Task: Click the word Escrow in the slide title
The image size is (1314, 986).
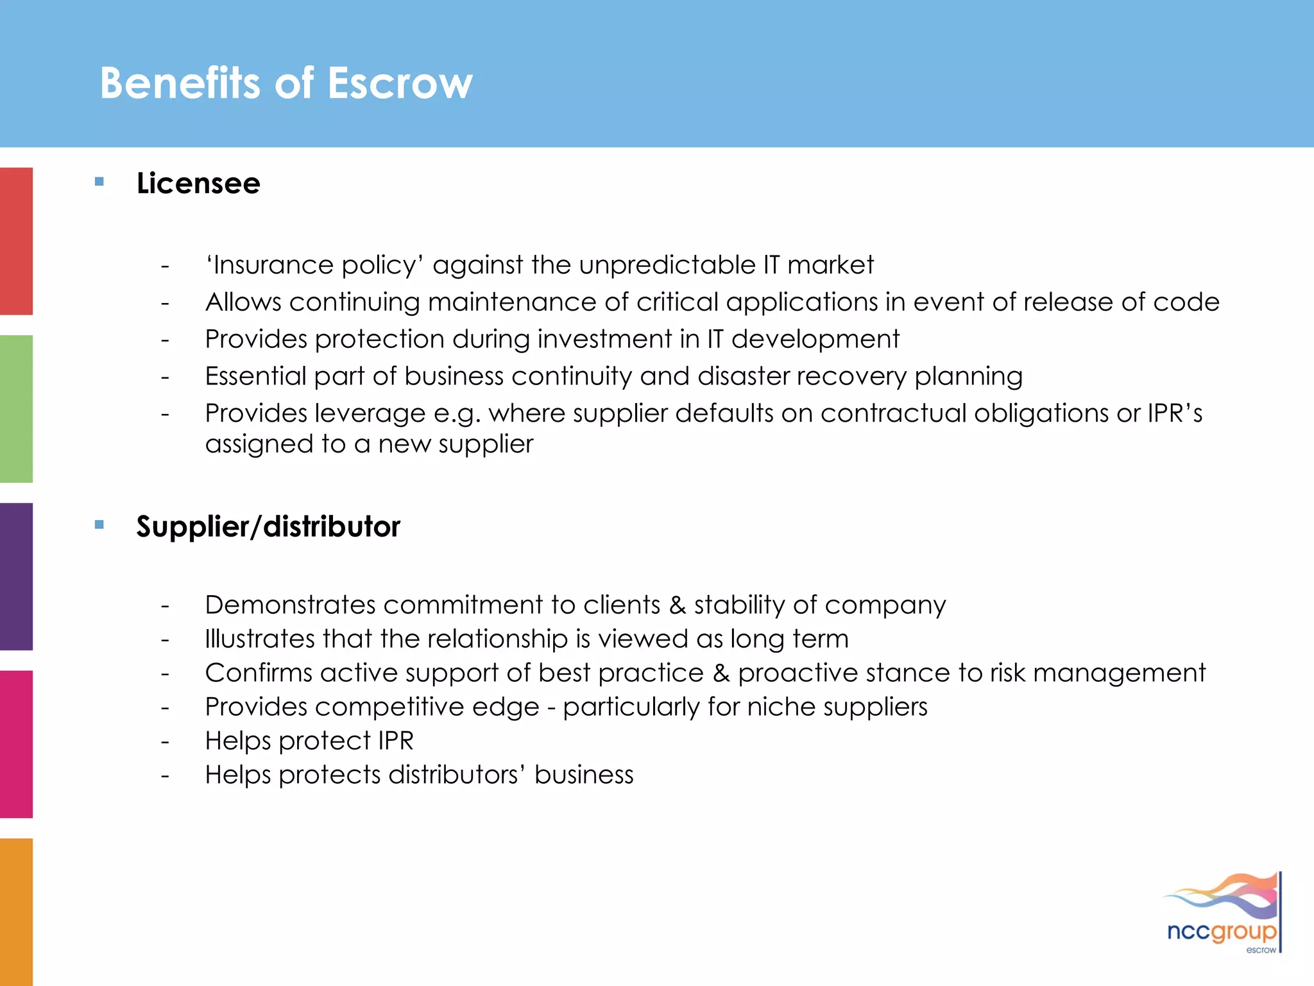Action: coord(400,83)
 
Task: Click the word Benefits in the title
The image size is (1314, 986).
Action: coord(180,83)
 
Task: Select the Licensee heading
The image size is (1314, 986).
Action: coord(198,184)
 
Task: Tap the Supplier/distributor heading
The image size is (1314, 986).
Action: coord(268,527)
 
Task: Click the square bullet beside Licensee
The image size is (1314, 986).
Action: coord(99,182)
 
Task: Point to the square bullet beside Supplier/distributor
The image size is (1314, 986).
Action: coord(99,524)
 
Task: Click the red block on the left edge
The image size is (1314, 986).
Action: coord(16,241)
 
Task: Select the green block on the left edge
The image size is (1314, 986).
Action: coord(16,408)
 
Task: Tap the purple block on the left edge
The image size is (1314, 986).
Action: coord(16,576)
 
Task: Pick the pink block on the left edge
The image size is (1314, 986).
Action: coord(16,743)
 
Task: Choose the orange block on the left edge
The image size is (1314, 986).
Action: coord(16,912)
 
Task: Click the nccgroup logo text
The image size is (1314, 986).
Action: coord(1221,931)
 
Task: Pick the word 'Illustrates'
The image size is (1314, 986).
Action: coord(260,639)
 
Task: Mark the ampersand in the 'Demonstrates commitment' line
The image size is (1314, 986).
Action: coord(677,605)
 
